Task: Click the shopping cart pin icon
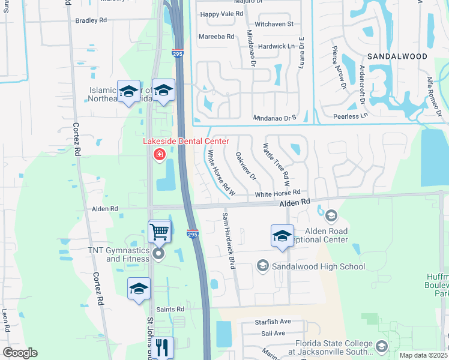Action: [x=159, y=231]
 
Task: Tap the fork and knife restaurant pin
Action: [x=161, y=347]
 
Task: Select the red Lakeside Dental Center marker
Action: [x=160, y=155]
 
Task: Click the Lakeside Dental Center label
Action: [x=185, y=142]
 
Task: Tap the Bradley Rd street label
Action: [x=91, y=20]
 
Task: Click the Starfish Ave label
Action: [x=271, y=322]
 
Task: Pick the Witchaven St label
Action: [x=274, y=24]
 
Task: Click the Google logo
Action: [x=20, y=353]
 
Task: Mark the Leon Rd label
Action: [x=5, y=320]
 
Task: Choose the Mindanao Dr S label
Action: [x=274, y=118]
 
